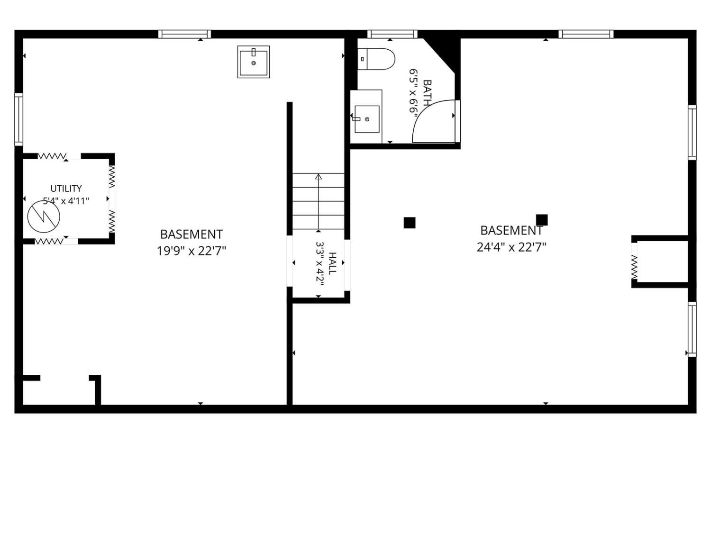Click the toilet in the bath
(376, 59)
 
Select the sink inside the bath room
(367, 119)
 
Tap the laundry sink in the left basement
(253, 62)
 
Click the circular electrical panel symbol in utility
(44, 217)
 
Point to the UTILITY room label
(66, 189)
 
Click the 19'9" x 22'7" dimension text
(191, 251)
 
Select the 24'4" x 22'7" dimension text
(511, 248)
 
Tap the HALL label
(332, 264)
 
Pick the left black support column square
(410, 223)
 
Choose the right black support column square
(542, 220)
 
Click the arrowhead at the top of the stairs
(319, 177)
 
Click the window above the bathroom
(392, 34)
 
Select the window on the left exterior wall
(19, 119)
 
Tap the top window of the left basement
(185, 34)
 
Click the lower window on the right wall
(692, 329)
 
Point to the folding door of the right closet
(635, 267)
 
